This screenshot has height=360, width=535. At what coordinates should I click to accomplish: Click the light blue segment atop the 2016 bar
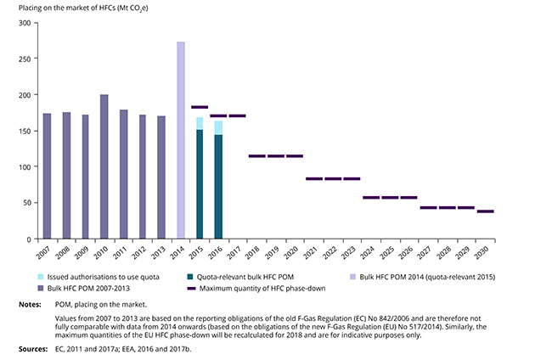pos(218,127)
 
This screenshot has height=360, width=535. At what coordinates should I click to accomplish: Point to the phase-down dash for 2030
pos(486,211)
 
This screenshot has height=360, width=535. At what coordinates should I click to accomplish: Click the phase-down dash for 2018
pos(257,156)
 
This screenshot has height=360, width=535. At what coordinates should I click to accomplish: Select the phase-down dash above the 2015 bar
pos(200,107)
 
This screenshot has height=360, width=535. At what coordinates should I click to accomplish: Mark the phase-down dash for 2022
pos(333,179)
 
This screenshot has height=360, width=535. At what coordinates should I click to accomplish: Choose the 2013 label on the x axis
pos(160,253)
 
